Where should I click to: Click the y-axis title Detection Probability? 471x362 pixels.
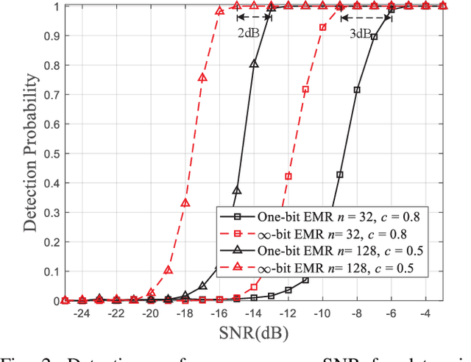point(30,152)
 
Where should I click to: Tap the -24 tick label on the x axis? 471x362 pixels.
point(81,313)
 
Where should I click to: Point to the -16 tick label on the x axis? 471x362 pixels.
point(219,313)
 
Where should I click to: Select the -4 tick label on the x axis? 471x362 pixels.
point(426,313)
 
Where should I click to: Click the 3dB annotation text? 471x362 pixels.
point(358,32)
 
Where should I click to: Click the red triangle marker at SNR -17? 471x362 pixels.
point(202,77)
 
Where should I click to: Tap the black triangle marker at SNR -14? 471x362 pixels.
point(254,64)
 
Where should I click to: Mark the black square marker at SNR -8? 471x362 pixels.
point(358,90)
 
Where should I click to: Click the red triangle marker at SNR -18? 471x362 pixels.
point(185,203)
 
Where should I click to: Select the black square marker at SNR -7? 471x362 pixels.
point(375,37)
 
